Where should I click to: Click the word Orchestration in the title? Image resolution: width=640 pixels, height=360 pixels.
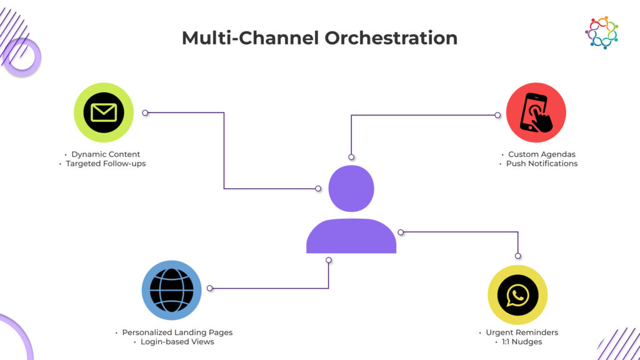coord(391,37)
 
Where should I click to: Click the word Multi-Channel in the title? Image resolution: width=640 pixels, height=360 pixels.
coord(251,37)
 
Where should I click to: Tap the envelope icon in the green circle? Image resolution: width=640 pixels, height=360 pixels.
coord(104,112)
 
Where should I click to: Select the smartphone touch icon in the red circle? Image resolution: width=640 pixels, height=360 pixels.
coord(536,112)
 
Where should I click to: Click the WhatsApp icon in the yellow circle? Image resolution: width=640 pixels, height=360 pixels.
coord(517,295)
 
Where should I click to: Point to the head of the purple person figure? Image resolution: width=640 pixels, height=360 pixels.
coord(351,188)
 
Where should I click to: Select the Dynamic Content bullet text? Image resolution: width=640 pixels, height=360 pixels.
coord(106,154)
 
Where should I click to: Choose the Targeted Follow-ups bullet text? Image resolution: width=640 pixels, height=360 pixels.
coord(106,164)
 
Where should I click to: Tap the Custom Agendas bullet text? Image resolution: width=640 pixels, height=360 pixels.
coord(541,154)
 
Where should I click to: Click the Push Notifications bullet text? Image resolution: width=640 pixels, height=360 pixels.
coord(541,164)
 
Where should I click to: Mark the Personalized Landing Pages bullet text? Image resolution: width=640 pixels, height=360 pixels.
coord(177,332)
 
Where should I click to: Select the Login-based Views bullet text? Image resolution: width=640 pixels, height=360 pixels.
coord(177,342)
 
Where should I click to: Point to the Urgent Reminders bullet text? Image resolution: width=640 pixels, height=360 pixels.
coord(521,332)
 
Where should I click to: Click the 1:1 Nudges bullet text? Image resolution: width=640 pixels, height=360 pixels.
coord(521,342)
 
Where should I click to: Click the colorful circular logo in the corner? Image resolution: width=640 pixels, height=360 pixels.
coord(601,32)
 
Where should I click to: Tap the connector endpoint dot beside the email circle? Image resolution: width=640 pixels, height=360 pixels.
coord(145,113)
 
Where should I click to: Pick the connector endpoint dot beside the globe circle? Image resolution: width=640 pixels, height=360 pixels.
coord(210,288)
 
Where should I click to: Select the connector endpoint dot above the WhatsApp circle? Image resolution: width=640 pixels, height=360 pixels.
coord(517,255)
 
